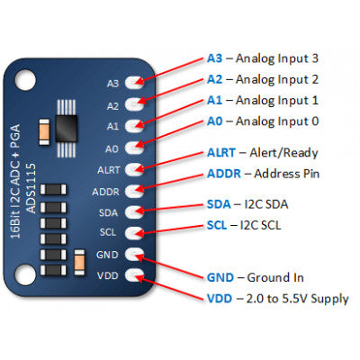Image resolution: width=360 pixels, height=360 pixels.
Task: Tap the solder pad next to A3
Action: [x=137, y=83]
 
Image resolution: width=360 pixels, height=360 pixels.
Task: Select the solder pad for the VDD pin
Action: [x=137, y=275]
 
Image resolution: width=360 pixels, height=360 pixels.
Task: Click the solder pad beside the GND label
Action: [x=137, y=254]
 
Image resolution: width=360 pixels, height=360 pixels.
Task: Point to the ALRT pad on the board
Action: [x=137, y=168]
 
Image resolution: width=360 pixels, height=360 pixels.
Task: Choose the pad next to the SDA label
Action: [x=137, y=211]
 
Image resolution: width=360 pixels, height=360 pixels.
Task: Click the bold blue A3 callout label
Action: [x=214, y=58]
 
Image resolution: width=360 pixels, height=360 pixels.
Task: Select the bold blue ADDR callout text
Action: [x=224, y=173]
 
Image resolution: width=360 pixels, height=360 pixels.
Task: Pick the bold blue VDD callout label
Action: [x=220, y=299]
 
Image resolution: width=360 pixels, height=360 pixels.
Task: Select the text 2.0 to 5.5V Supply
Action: [x=298, y=299]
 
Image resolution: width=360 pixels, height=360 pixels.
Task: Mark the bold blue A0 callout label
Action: [x=214, y=121]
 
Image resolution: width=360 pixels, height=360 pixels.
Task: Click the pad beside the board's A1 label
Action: [x=137, y=126]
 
